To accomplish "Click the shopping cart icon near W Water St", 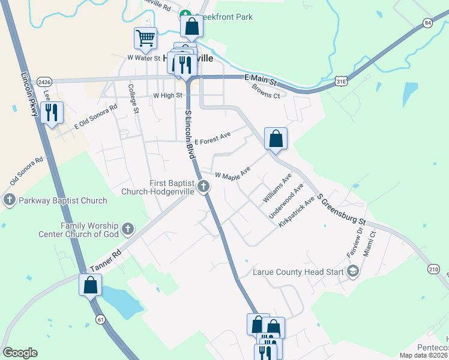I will point(145,39).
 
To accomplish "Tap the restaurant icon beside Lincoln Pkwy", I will point(52,112).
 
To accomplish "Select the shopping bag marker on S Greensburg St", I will point(276,139).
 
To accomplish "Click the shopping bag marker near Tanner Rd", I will point(90,285).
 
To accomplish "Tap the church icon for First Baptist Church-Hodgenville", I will point(203,187).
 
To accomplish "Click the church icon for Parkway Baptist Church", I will point(9,200).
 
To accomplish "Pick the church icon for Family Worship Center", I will point(127,229).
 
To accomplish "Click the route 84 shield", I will point(427,23).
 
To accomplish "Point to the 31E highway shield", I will point(341,80).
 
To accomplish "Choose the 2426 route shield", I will point(44,82).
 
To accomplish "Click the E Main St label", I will point(260,80).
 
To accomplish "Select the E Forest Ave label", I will point(212,137).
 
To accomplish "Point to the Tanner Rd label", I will point(105,260).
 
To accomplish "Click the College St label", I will point(134,99).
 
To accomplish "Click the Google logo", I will point(20,353).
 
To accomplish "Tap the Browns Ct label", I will point(266,91).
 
